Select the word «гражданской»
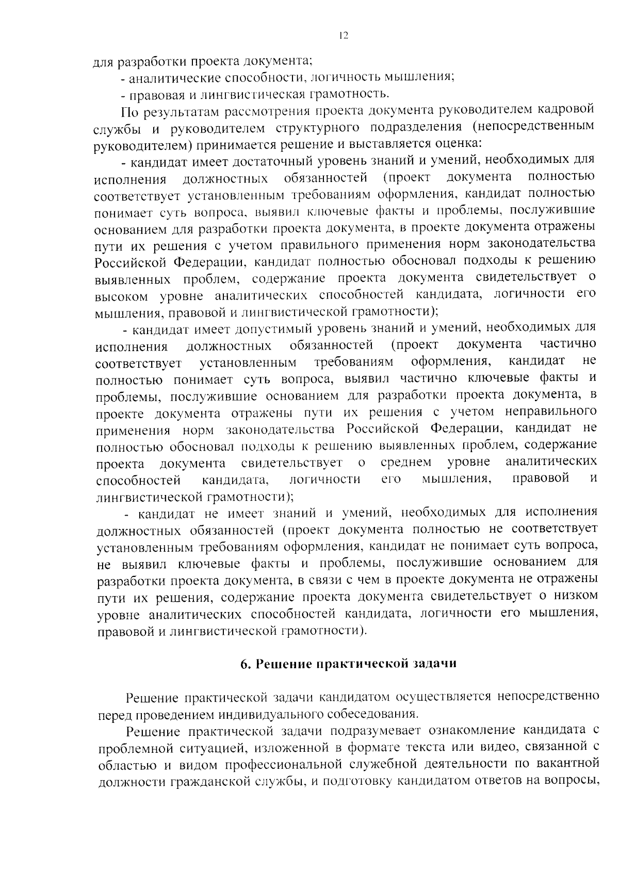point(213,781)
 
